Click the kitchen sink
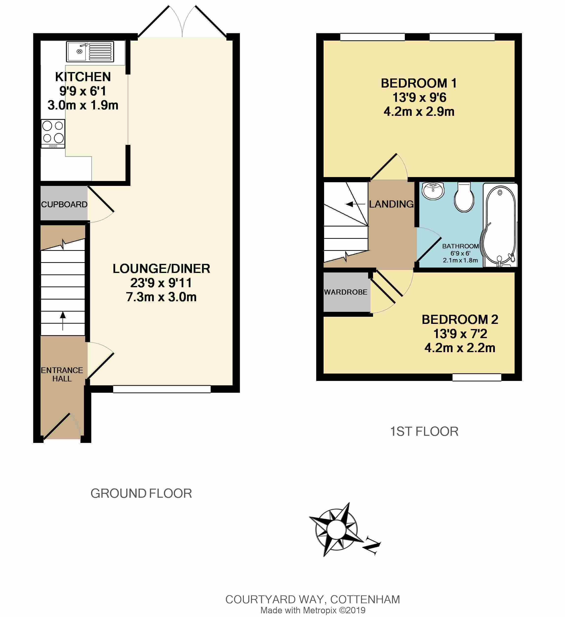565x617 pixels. point(90,51)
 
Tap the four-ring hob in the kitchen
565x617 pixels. point(53,134)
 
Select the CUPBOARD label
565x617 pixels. point(64,204)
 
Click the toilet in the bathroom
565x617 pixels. point(464,197)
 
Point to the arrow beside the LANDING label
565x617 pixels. point(356,204)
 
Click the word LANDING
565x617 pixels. point(391,204)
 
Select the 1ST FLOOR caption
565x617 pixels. point(424,432)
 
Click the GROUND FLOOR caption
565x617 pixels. point(141,493)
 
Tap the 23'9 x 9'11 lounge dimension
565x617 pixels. point(161,283)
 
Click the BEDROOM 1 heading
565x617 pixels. point(419,83)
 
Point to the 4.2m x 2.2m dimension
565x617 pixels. point(460,348)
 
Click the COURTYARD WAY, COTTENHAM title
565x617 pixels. point(313,599)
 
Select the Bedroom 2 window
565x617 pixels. point(477,378)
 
